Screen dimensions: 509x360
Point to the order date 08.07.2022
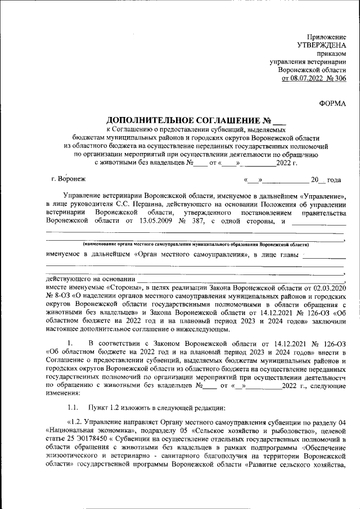[x=303, y=78]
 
